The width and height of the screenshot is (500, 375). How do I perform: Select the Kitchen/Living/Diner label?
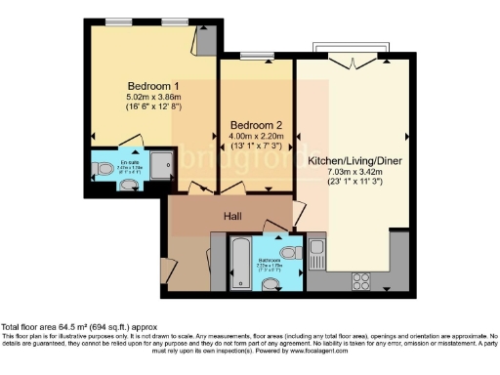point(354,158)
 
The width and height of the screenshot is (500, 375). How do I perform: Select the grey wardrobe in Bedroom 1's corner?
point(206,40)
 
